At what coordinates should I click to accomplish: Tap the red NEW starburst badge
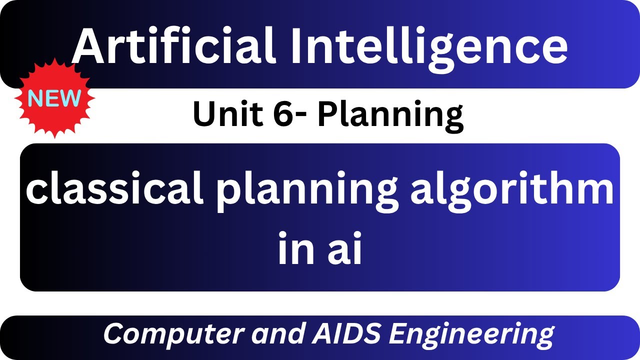(x=54, y=99)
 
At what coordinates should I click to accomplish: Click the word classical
(x=114, y=190)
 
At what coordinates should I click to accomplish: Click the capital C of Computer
(x=113, y=334)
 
